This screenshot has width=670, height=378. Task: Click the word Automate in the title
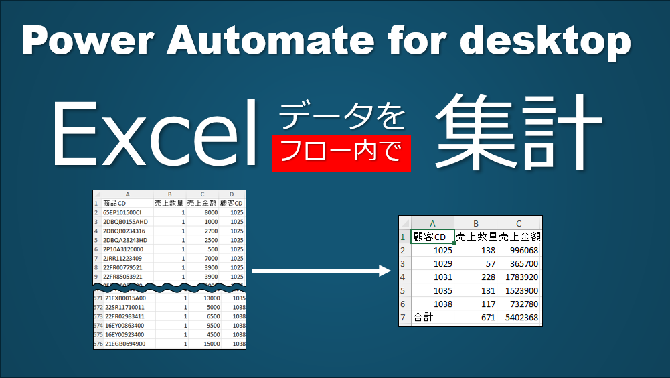tap(270, 40)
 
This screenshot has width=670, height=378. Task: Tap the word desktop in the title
tap(545, 42)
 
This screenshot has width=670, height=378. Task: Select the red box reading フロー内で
tap(341, 153)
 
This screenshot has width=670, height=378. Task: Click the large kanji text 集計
tap(518, 131)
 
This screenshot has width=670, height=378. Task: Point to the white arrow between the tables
tap(321, 271)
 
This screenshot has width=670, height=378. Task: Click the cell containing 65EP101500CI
tap(122, 212)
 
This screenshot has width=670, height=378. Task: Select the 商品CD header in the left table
tap(114, 203)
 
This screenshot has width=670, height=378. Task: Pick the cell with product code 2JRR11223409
tap(122, 258)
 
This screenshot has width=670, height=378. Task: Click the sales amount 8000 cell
tap(211, 212)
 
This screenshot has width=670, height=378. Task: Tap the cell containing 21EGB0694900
tap(125, 344)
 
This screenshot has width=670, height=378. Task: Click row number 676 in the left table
tap(98, 344)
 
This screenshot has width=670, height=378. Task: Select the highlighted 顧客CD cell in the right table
tap(432, 237)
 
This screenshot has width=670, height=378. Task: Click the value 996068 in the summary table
tap(524, 251)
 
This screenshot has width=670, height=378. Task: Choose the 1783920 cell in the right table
tap(521, 277)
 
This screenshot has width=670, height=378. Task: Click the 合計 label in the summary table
tap(424, 317)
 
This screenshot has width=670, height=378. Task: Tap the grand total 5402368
tap(521, 318)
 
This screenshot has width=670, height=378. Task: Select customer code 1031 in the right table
tap(442, 277)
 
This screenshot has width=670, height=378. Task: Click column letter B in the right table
tap(476, 223)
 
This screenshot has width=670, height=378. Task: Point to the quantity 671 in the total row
tap(488, 318)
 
